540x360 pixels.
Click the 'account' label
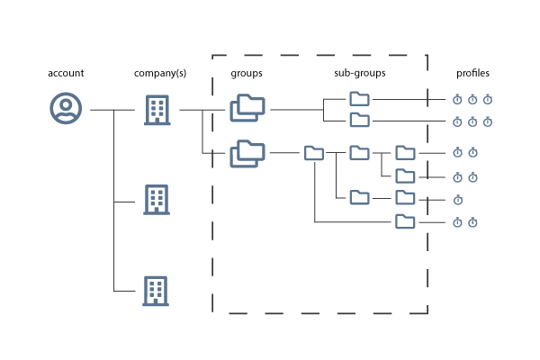(66, 73)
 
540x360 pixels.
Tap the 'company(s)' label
(160, 73)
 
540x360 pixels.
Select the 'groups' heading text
(247, 74)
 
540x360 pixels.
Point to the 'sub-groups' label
(360, 73)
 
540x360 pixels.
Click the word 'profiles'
(472, 73)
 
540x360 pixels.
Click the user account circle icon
(66, 108)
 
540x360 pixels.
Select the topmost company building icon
(157, 110)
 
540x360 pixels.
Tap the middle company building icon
(157, 200)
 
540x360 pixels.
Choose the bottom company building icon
(156, 291)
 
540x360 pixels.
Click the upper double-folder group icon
(247, 108)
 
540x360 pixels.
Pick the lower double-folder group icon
(247, 154)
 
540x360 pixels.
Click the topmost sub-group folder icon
(359, 99)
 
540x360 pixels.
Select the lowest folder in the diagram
(405, 221)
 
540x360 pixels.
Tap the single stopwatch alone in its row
(458, 200)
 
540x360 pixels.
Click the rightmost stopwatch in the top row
(488, 100)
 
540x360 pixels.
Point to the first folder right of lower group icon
(314, 153)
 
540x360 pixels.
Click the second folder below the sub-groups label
(359, 120)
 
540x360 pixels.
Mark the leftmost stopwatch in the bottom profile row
(457, 222)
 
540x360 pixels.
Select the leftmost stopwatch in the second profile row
(457, 122)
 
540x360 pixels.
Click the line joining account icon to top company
(112, 110)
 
